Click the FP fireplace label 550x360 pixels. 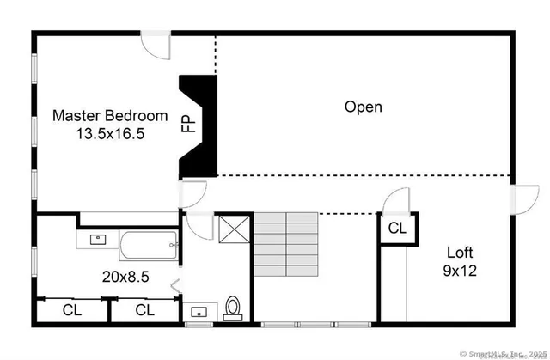[187, 124]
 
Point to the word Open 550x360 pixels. [363, 107]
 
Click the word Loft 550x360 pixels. [461, 253]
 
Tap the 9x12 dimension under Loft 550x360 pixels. [461, 270]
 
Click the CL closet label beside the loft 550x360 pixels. [397, 229]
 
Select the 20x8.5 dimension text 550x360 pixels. [125, 277]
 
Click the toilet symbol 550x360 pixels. [232, 308]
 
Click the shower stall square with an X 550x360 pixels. [233, 229]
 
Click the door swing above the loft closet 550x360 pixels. [397, 199]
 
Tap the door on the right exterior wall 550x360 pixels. [521, 199]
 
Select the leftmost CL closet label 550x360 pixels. [71, 309]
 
